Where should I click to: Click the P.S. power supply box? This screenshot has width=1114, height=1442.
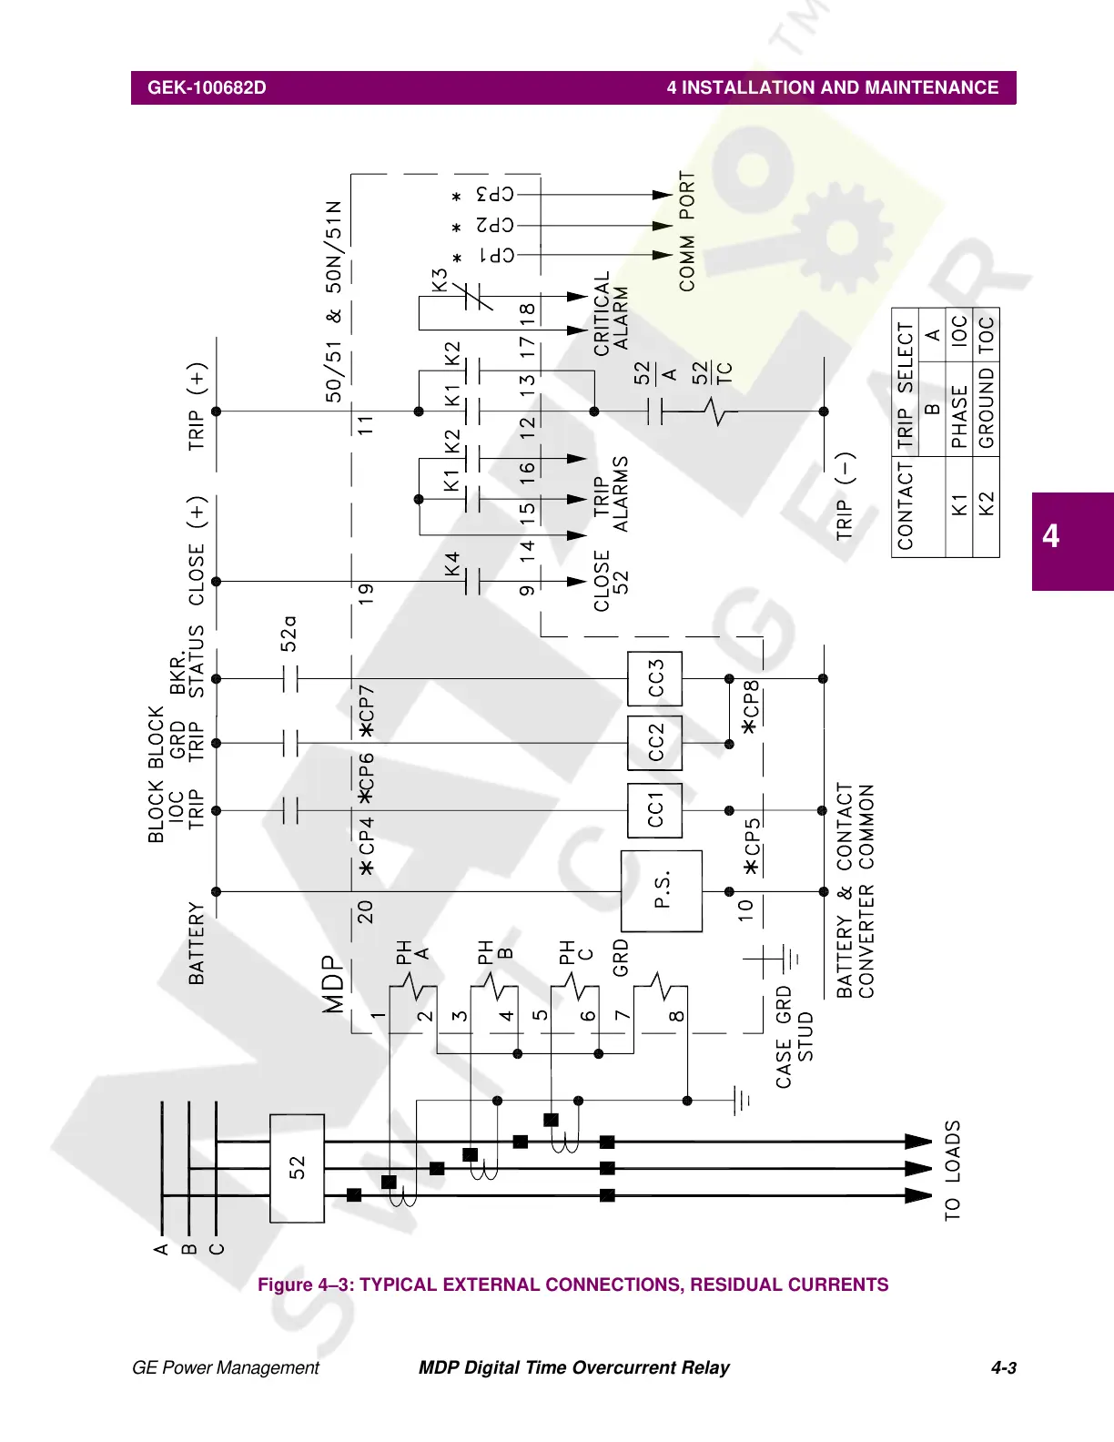(662, 890)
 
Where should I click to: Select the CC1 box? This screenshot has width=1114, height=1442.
(655, 810)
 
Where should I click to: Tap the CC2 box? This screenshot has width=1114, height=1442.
(655, 743)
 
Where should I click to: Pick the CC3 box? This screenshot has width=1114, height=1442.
(655, 678)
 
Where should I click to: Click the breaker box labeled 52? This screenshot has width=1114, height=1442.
(297, 1168)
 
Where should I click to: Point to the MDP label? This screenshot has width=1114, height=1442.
(334, 984)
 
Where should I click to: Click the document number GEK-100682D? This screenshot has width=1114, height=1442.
(207, 88)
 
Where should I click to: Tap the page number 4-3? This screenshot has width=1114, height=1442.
(1003, 1367)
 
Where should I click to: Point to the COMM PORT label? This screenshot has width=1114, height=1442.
(687, 231)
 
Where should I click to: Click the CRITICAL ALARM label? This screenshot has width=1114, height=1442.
(611, 314)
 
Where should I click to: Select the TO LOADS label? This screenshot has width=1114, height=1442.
(952, 1171)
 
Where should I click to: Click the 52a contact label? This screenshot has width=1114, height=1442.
(289, 634)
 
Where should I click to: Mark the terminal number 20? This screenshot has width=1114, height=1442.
(365, 911)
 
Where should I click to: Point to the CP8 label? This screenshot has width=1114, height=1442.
(750, 706)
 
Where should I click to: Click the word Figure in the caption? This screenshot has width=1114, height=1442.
(285, 1285)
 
